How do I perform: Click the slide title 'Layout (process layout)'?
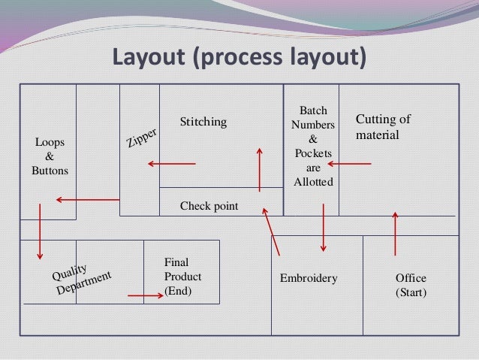pyautogui.click(x=239, y=57)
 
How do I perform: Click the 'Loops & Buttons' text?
pyautogui.click(x=50, y=156)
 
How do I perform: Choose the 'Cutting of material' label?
pyautogui.click(x=382, y=127)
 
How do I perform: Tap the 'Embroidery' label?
pyautogui.click(x=309, y=278)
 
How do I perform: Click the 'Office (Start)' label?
pyautogui.click(x=411, y=285)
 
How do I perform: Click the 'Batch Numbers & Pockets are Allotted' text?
pyautogui.click(x=313, y=147)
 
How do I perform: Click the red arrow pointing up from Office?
pyautogui.click(x=395, y=234)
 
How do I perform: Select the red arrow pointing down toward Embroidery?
pyautogui.click(x=324, y=227)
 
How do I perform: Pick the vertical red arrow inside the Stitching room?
pyautogui.click(x=260, y=170)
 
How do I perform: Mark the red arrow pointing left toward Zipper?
pyautogui.click(x=171, y=164)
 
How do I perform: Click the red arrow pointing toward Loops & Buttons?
pyautogui.click(x=87, y=199)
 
